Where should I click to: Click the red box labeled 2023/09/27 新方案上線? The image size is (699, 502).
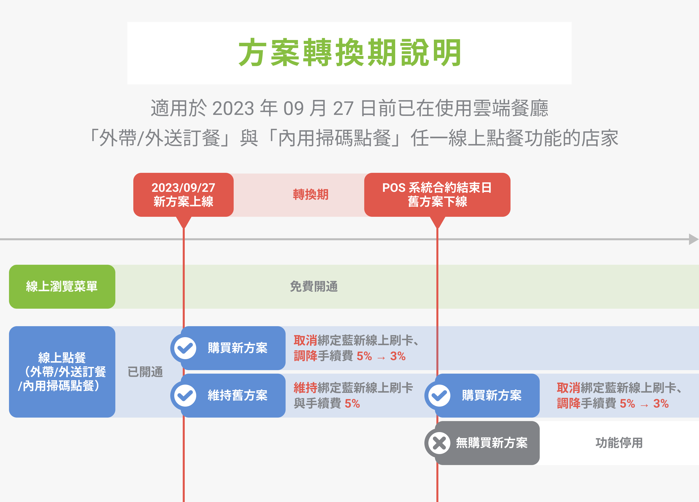pyautogui.click(x=183, y=195)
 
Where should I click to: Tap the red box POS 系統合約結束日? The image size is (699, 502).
pyautogui.click(x=437, y=195)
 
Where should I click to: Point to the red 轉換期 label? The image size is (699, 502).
pyautogui.click(x=311, y=195)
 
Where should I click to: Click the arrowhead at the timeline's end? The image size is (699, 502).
pyautogui.click(x=693, y=239)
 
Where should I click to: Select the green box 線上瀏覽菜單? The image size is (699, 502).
pyautogui.click(x=62, y=286)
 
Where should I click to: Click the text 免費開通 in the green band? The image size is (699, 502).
pyautogui.click(x=314, y=286)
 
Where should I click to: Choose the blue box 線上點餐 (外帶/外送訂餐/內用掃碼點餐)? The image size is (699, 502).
pyautogui.click(x=62, y=372)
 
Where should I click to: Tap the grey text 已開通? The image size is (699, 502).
pyautogui.click(x=145, y=372)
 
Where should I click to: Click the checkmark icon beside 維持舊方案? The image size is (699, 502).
pyautogui.click(x=185, y=395)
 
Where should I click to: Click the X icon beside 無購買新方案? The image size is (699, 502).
pyautogui.click(x=439, y=443)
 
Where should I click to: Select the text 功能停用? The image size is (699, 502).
pyautogui.click(x=619, y=443)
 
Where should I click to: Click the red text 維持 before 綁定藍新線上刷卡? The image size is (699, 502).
pyautogui.click(x=305, y=388)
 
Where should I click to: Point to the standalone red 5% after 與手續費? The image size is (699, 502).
pyautogui.click(x=352, y=404)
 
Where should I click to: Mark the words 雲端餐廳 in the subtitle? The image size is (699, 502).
pyautogui.click(x=510, y=108)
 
